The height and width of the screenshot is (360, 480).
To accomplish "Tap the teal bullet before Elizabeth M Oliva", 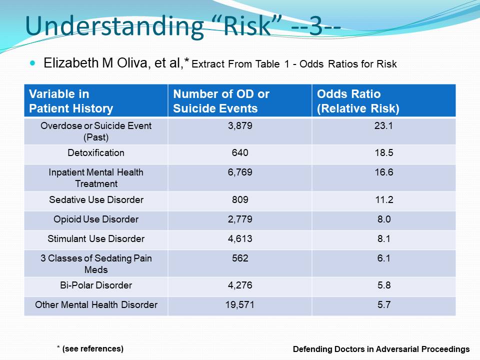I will pyautogui.click(x=33, y=63).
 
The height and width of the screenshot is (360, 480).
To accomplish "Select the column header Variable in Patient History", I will pyautogui.click(x=71, y=101).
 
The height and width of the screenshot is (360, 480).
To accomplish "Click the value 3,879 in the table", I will pyautogui.click(x=240, y=126).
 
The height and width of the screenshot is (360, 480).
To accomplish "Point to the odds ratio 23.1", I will pyautogui.click(x=384, y=126).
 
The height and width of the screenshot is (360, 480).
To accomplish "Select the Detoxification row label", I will pyautogui.click(x=96, y=153).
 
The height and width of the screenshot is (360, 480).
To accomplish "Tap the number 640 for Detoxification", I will pyautogui.click(x=240, y=153).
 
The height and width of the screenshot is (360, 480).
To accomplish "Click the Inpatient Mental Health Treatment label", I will pyautogui.click(x=96, y=177).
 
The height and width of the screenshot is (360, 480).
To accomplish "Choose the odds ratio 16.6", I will pyautogui.click(x=384, y=172).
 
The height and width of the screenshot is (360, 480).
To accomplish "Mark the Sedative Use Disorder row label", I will pyautogui.click(x=96, y=200).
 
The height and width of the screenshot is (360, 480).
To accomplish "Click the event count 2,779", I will pyautogui.click(x=240, y=219).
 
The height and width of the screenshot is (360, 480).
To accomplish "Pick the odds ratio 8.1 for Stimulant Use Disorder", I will pyautogui.click(x=384, y=239).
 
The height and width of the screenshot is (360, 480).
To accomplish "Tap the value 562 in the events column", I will pyautogui.click(x=240, y=258).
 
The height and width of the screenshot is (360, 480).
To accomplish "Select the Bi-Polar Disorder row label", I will pyautogui.click(x=96, y=285).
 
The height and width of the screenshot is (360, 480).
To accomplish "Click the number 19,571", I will pyautogui.click(x=240, y=304).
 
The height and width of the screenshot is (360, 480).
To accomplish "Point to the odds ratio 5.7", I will pyautogui.click(x=384, y=304).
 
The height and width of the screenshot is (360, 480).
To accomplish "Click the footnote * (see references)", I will pyautogui.click(x=90, y=348).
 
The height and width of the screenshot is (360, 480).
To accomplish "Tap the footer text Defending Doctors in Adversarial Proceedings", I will pyautogui.click(x=381, y=349).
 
